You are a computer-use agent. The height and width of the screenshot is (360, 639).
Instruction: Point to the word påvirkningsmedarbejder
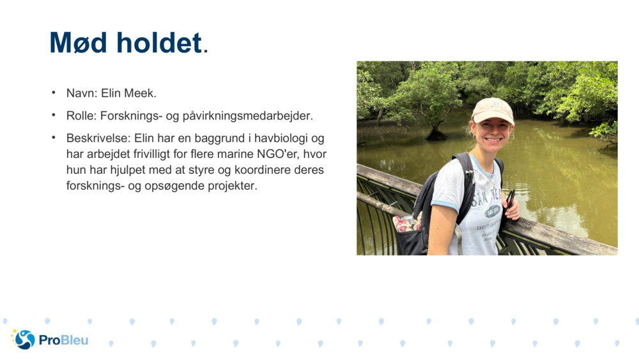coord(247,116)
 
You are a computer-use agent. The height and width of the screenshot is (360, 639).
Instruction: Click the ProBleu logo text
coord(63,340)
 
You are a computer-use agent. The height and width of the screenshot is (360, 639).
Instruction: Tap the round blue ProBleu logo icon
coord(24,340)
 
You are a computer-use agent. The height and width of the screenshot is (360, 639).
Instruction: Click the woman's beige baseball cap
coord(492,110)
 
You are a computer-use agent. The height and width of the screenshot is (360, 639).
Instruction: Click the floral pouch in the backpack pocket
coord(406,223)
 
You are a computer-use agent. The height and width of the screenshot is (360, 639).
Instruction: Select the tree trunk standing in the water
coord(436,130)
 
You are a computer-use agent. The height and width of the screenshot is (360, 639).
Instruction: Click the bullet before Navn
coord(54,93)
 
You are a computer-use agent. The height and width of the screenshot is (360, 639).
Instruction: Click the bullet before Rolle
coord(54,116)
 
